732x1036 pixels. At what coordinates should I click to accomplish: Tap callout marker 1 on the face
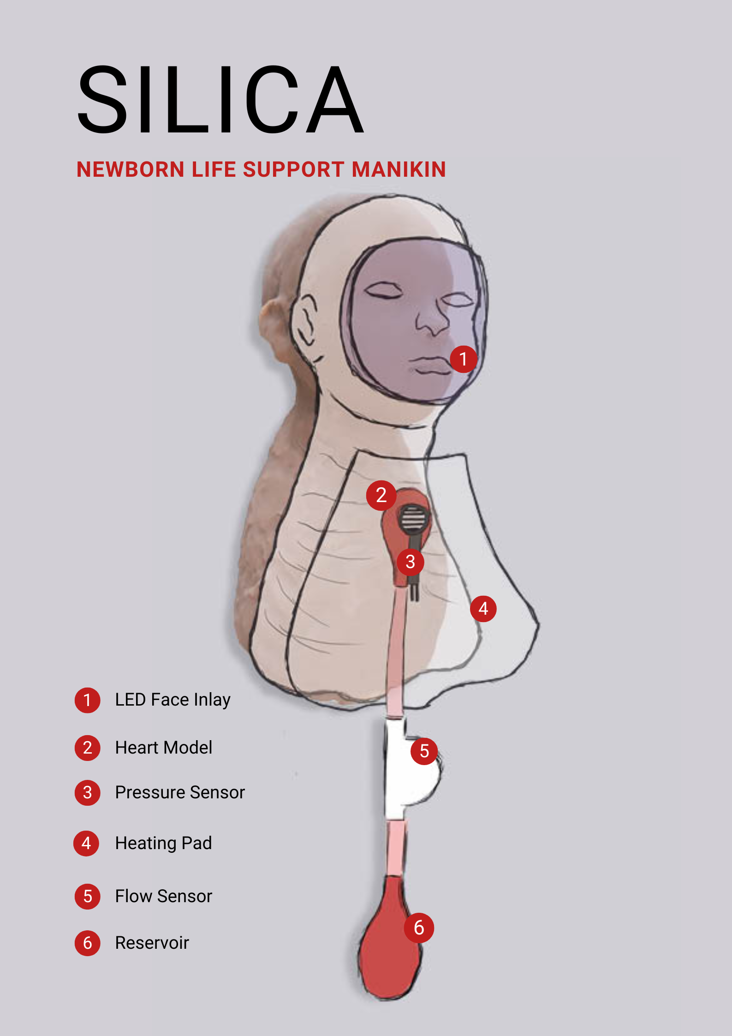[x=463, y=359]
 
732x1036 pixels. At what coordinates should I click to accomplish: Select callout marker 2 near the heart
[x=381, y=495]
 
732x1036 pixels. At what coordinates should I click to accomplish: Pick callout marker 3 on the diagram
[x=410, y=562]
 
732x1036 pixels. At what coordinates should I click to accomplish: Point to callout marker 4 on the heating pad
[x=483, y=609]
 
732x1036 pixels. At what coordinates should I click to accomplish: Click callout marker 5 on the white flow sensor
[x=424, y=751]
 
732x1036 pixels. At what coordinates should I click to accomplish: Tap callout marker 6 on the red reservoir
[x=419, y=928]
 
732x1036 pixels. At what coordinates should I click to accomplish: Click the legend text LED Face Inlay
[x=173, y=700]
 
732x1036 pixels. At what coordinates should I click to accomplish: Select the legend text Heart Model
[x=164, y=748]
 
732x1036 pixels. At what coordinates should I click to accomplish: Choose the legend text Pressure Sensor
[x=180, y=792]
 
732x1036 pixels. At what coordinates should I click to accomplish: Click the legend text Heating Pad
[x=163, y=843]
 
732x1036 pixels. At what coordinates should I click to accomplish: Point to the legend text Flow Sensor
[x=163, y=896]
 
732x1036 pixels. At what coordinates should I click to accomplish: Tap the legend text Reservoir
[x=152, y=943]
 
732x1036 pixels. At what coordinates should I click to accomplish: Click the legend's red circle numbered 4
[x=86, y=844]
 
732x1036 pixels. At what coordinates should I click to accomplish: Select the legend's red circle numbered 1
[x=87, y=700]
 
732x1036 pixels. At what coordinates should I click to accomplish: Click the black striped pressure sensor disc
[x=413, y=518]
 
